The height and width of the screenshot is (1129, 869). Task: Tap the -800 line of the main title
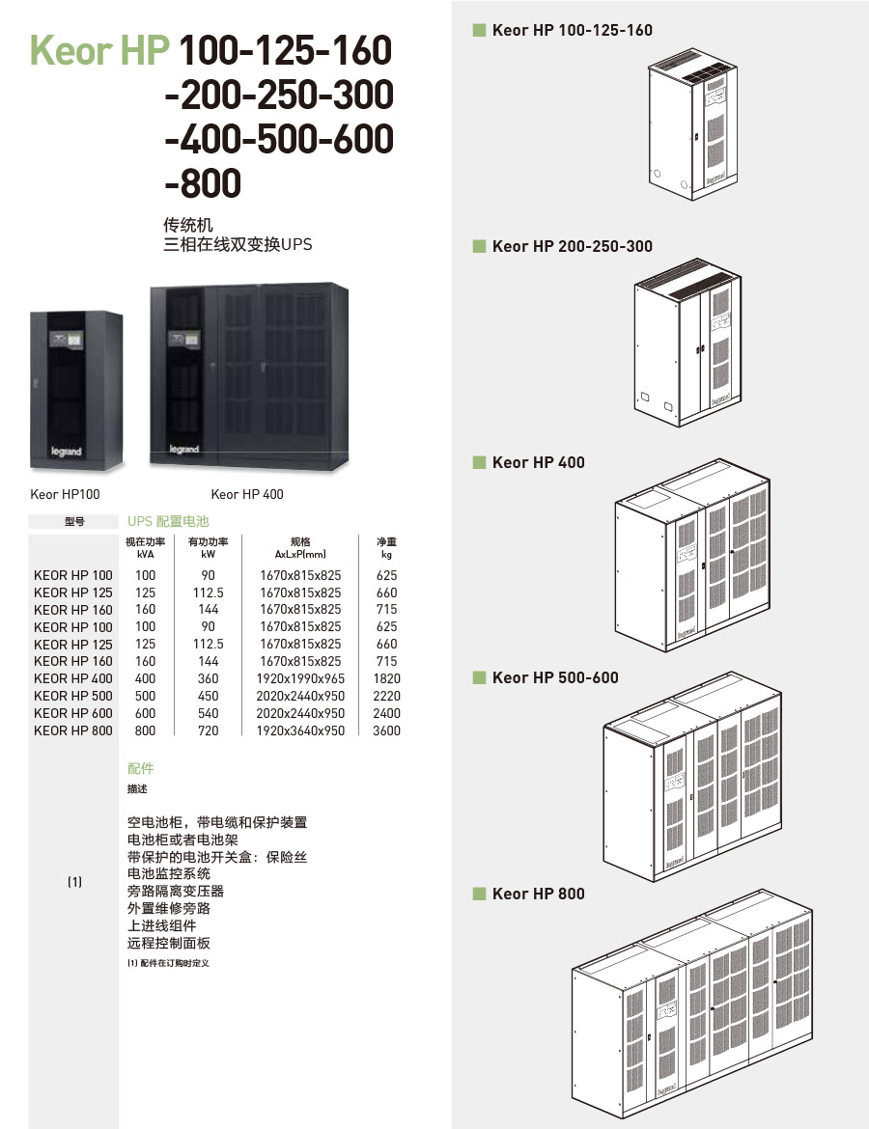(203, 182)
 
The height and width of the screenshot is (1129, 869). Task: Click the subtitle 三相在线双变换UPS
(238, 245)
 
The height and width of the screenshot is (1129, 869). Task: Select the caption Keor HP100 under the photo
(66, 494)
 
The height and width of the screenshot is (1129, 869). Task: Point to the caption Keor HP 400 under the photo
(247, 494)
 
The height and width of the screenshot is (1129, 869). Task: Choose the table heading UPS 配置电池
(168, 521)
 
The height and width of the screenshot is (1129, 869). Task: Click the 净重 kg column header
(386, 548)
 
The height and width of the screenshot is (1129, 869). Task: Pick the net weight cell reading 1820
(386, 678)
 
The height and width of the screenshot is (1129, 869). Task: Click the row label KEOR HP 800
(73, 730)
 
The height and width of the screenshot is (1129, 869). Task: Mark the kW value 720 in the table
(208, 730)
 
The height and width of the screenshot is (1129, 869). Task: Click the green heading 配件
(141, 768)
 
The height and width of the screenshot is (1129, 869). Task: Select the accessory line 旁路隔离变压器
(176, 891)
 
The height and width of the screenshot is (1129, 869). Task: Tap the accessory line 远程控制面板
(169, 943)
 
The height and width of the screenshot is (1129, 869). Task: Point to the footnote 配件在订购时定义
(168, 963)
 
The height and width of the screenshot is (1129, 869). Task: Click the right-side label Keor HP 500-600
(554, 677)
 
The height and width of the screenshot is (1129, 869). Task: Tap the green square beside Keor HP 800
(479, 894)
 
